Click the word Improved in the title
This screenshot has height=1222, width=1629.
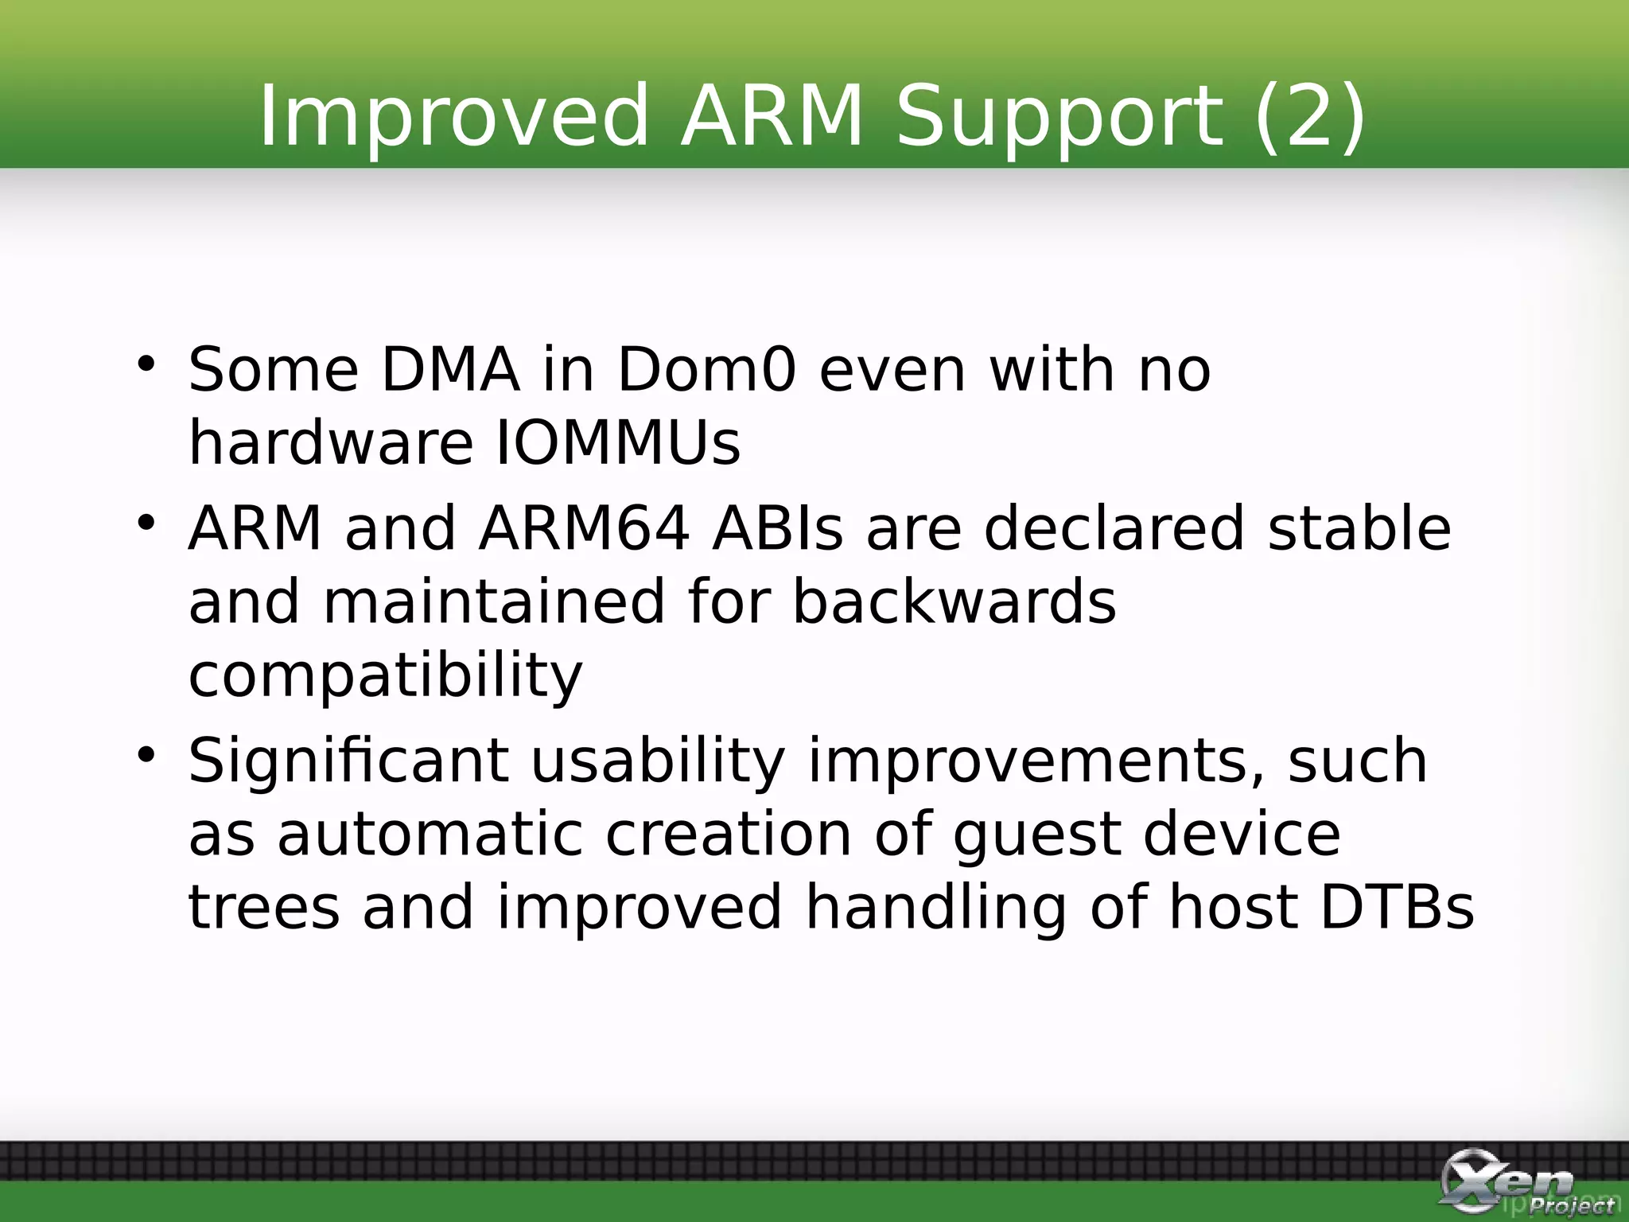pos(454,117)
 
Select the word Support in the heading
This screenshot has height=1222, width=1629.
pos(1059,117)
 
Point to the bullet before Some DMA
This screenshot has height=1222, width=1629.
pos(146,364)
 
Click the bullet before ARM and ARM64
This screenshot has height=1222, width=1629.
pos(146,523)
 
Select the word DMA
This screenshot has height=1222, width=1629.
pos(450,369)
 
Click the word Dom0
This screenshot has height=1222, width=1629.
pos(706,369)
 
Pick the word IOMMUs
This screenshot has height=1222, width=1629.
pos(618,442)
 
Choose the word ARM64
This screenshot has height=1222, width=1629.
pos(584,528)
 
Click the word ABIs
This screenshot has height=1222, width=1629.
pos(777,528)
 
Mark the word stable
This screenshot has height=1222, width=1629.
pos(1359,528)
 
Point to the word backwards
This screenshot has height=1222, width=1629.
pos(954,601)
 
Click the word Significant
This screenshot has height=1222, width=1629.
pos(348,761)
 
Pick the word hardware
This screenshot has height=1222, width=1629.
pos(330,442)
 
